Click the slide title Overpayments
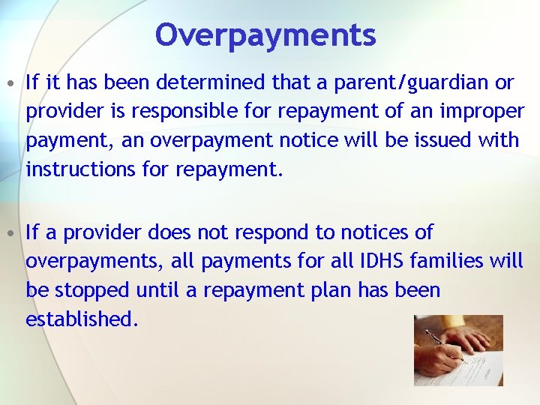[x=265, y=34]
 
